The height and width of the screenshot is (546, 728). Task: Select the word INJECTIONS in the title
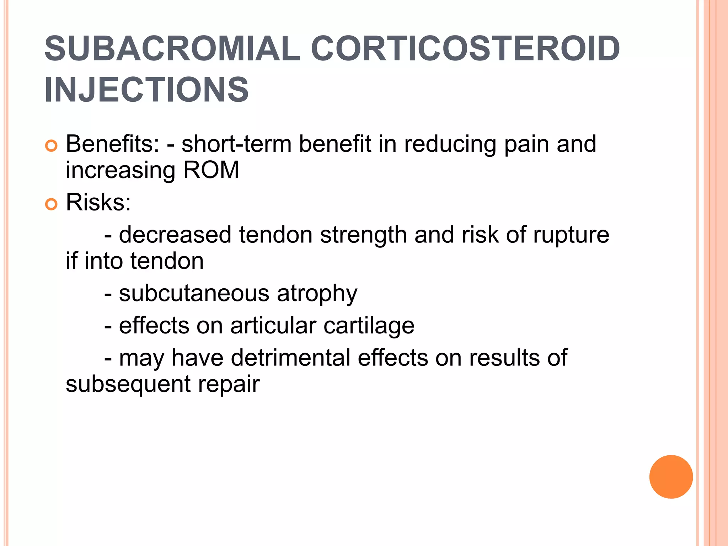(x=146, y=90)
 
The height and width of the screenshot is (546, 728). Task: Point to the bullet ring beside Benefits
(x=52, y=146)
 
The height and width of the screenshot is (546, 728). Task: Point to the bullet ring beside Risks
(x=52, y=204)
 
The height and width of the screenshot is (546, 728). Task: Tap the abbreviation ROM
(x=211, y=170)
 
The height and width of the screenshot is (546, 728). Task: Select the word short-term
(x=236, y=144)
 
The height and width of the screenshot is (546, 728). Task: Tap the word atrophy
(x=317, y=294)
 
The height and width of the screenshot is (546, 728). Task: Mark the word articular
(x=273, y=326)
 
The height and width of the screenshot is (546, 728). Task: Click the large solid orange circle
(x=671, y=477)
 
